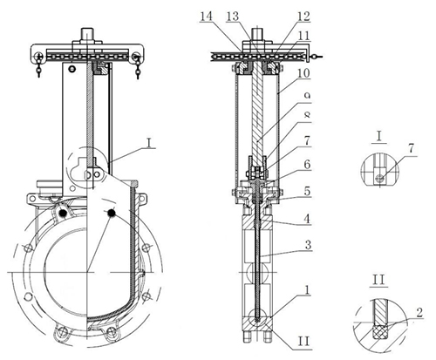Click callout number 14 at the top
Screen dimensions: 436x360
tap(206, 16)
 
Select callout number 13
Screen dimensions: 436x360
tap(233, 17)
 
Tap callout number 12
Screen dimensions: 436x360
tap(303, 16)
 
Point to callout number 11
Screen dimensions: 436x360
tap(303, 36)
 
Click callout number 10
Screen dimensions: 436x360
tap(303, 73)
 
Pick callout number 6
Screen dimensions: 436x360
tap(307, 165)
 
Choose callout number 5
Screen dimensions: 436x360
tap(307, 191)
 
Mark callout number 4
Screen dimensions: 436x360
tap(307, 219)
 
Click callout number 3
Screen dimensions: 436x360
tap(308, 245)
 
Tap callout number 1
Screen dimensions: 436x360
tap(307, 289)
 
